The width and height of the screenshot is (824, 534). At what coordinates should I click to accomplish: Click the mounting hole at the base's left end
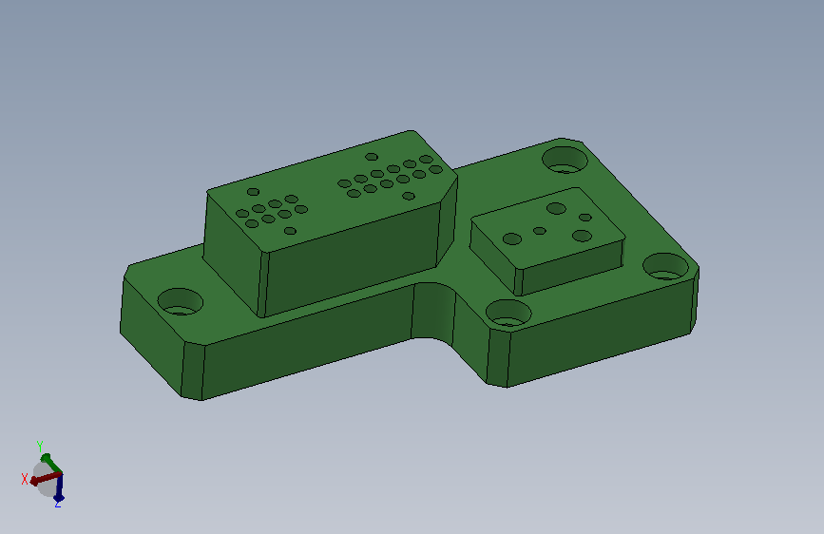pos(181,302)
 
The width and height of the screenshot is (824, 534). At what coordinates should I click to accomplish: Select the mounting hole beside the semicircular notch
pos(508,313)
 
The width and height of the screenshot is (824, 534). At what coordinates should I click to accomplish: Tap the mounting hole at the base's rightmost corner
pos(666,266)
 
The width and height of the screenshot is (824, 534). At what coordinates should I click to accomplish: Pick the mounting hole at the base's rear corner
pos(565,160)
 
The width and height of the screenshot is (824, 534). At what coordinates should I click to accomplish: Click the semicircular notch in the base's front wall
pos(432,311)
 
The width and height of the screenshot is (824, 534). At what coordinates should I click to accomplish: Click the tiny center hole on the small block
pos(540,231)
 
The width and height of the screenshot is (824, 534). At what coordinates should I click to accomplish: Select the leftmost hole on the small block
pos(512,239)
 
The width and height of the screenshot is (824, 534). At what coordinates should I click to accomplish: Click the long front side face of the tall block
pos(350,259)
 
